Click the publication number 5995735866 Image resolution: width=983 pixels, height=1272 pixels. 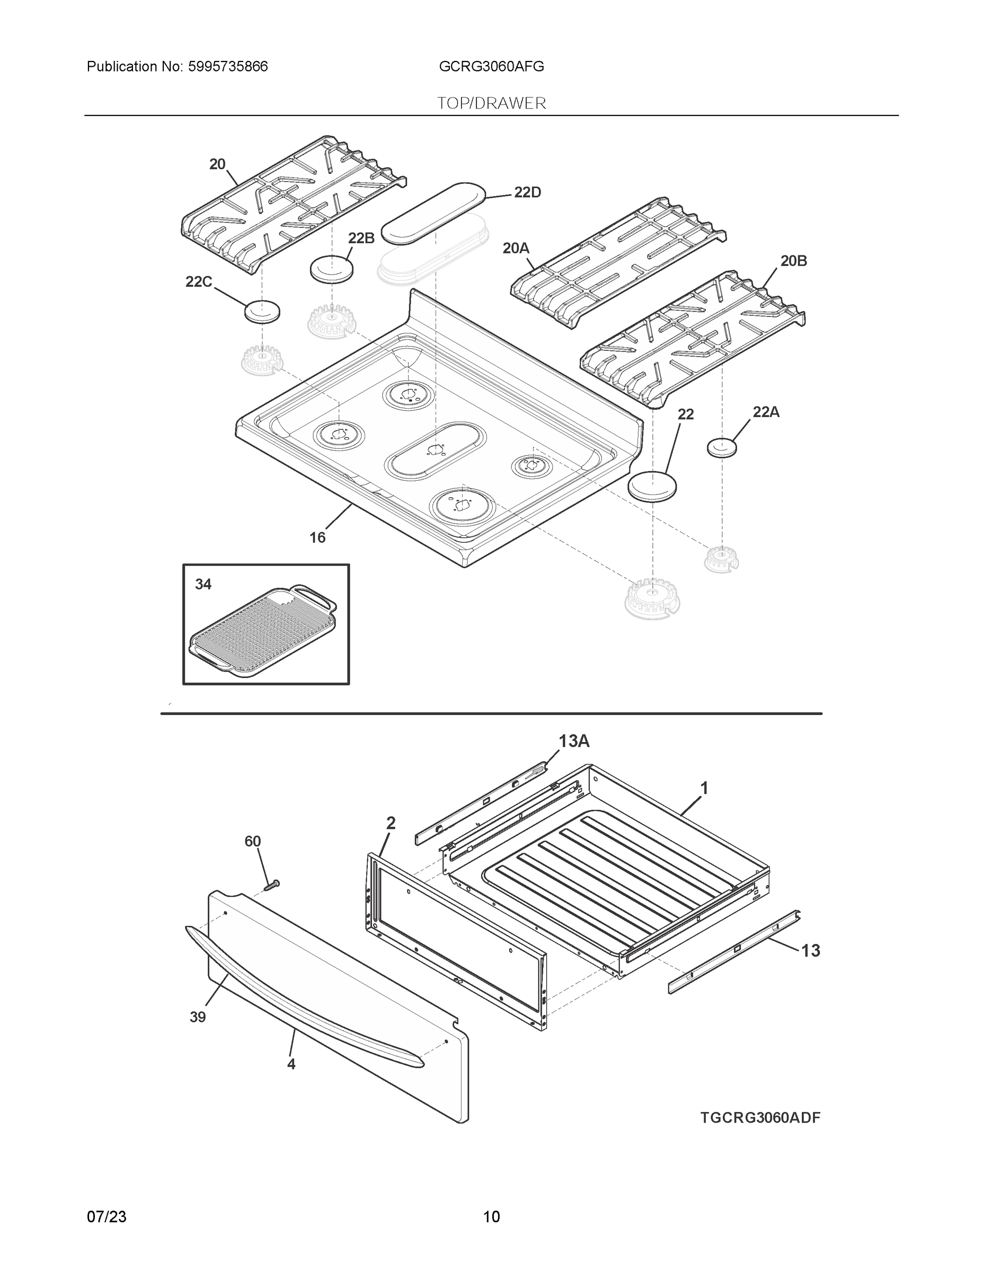[x=228, y=67]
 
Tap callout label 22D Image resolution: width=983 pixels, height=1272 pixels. [x=527, y=193]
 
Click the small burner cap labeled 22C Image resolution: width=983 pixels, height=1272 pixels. [x=261, y=312]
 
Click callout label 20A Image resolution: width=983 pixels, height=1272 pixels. [x=516, y=249]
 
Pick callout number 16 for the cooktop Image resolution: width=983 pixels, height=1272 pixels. [x=317, y=537]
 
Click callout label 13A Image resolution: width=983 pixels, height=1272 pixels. [x=574, y=741]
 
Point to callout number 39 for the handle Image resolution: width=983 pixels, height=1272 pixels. [x=198, y=1017]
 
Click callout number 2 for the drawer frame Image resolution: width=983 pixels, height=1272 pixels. [x=391, y=823]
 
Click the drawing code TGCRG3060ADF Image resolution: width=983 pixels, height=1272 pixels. [x=760, y=1118]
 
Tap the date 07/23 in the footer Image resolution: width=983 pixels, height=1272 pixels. [x=107, y=1217]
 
